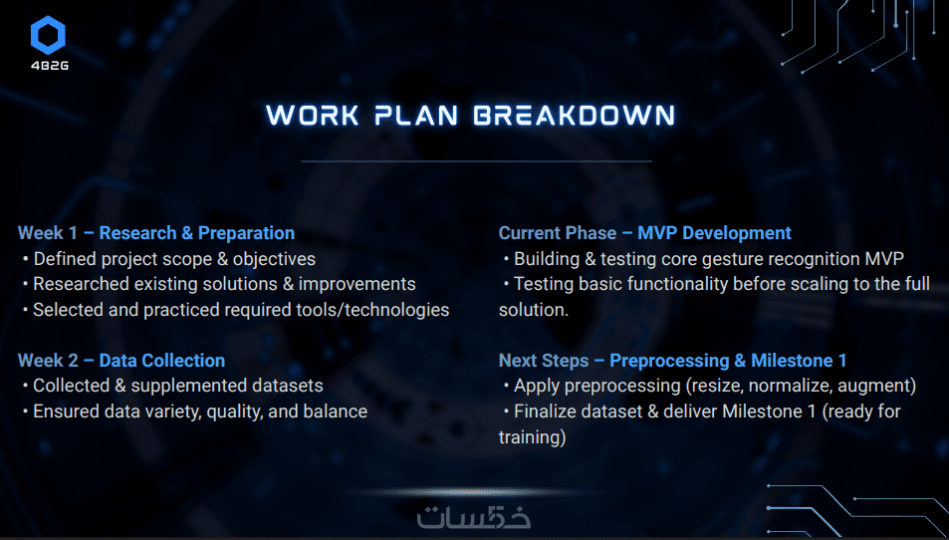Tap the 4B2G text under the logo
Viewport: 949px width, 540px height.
pyautogui.click(x=50, y=66)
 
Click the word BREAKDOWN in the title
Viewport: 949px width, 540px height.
pyautogui.click(x=574, y=116)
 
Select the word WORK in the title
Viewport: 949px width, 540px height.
pyautogui.click(x=313, y=116)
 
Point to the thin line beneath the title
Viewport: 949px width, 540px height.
pyautogui.click(x=476, y=161)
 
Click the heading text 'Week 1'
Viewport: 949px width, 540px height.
pyautogui.click(x=48, y=233)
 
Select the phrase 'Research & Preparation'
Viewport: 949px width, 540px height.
pyautogui.click(x=197, y=233)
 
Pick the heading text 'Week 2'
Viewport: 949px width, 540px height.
pyautogui.click(x=48, y=361)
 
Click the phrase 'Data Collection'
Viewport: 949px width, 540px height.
pyautogui.click(x=162, y=361)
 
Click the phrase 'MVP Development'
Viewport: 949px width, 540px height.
pyautogui.click(x=714, y=233)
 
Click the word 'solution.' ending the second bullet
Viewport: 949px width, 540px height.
pyautogui.click(x=534, y=310)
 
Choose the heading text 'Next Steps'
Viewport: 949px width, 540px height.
pyautogui.click(x=544, y=361)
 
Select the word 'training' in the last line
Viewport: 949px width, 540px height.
pyautogui.click(x=530, y=437)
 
